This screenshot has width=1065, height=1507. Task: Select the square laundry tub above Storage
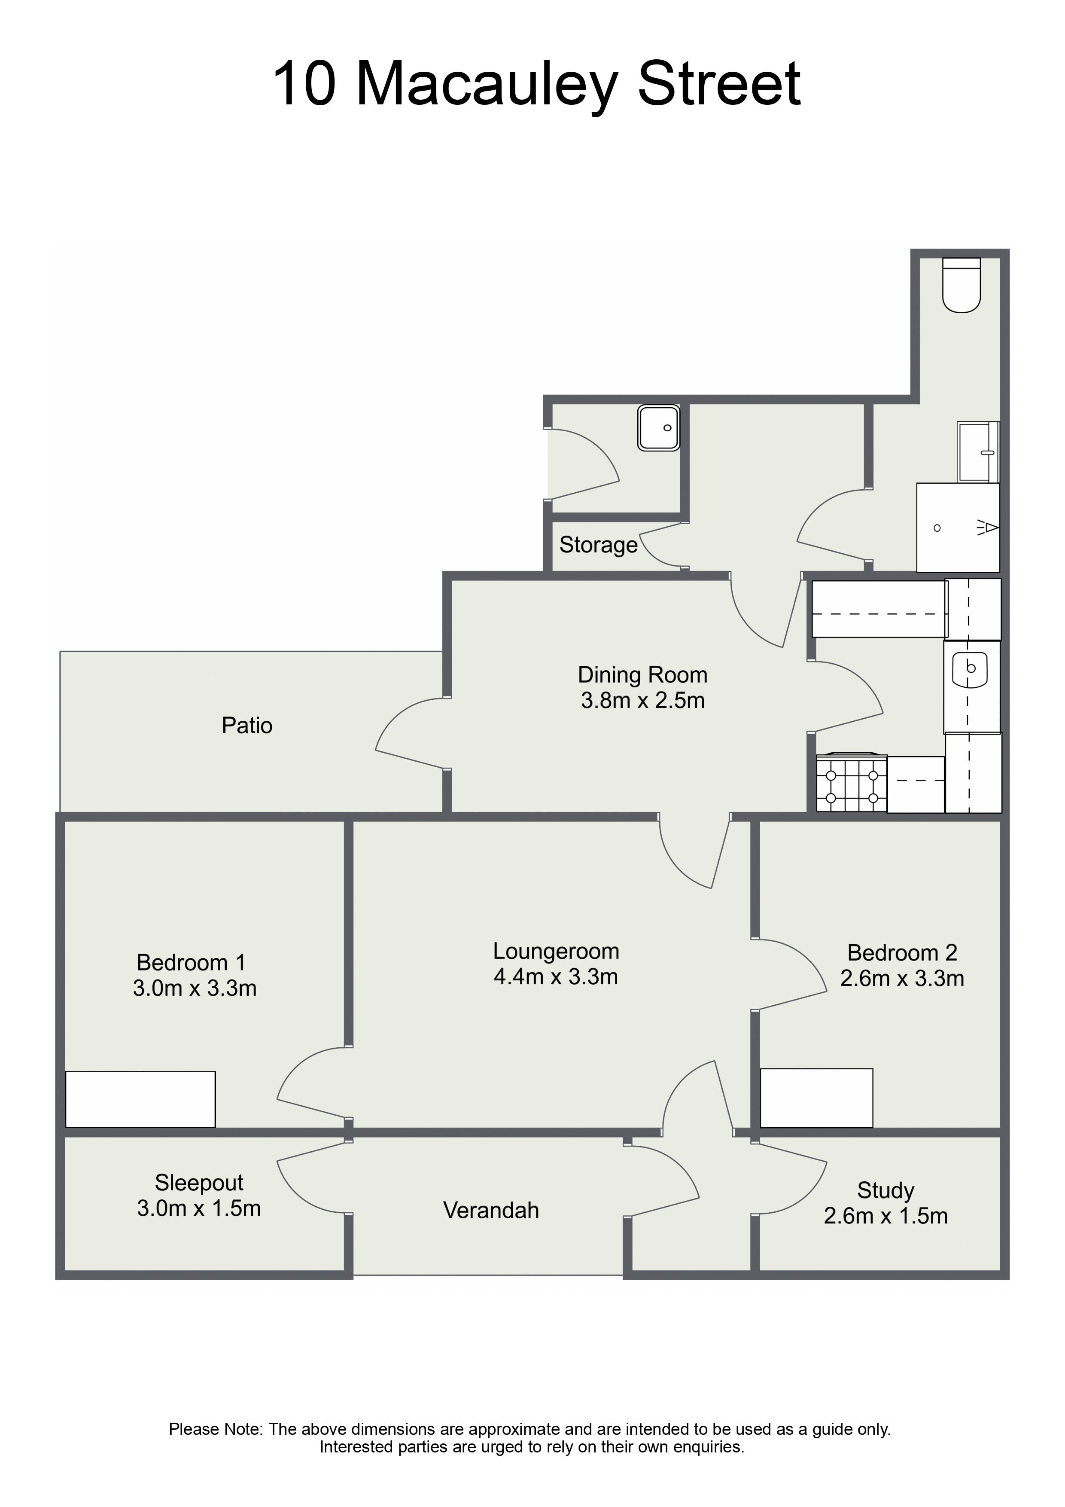[x=658, y=428]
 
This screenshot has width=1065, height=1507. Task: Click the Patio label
[x=247, y=725]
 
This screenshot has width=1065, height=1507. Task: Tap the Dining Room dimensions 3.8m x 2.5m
[x=642, y=700]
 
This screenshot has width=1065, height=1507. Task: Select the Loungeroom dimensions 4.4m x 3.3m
[x=556, y=976]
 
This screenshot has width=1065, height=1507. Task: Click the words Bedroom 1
[x=191, y=962]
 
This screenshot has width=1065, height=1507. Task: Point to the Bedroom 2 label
[x=902, y=952]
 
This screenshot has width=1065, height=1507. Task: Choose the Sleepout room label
[x=199, y=1183]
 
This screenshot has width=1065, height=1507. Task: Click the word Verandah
[x=491, y=1210]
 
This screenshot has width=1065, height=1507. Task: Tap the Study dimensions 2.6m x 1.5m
[x=886, y=1216]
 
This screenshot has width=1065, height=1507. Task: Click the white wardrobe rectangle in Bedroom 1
[x=140, y=1099]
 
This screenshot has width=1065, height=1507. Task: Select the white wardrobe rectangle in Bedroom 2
[x=816, y=1098]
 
